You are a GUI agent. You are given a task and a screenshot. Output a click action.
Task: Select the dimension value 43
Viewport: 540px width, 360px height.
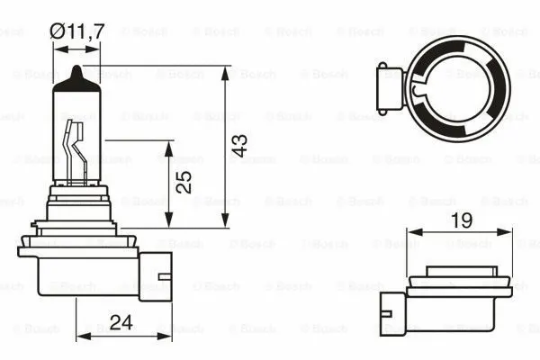pyautogui.click(x=238, y=147)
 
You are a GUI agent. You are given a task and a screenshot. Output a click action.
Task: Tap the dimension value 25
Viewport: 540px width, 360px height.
pyautogui.click(x=184, y=184)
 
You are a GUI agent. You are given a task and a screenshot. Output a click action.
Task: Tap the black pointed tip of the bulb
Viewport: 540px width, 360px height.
pyautogui.click(x=77, y=73)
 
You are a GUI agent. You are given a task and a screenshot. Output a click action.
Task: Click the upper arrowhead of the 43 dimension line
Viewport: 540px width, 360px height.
pyautogui.click(x=224, y=70)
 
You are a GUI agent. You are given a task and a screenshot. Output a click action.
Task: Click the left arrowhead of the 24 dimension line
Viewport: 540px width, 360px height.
pyautogui.click(x=82, y=337)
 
